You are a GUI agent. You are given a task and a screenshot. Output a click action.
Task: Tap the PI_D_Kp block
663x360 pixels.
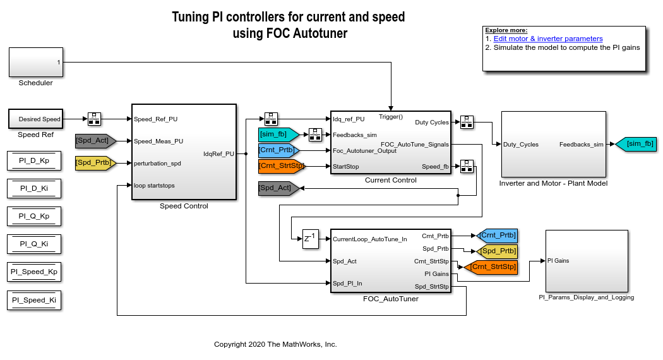(34, 160)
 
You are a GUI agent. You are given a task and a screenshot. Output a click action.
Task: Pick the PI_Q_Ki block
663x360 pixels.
(34, 244)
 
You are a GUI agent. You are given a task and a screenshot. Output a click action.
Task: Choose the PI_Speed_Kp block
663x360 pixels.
(34, 272)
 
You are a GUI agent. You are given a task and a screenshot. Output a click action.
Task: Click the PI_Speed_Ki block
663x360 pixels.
(34, 300)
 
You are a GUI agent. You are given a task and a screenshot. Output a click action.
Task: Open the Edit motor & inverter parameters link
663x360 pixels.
(548, 39)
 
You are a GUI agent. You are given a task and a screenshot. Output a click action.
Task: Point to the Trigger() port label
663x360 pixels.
(391, 116)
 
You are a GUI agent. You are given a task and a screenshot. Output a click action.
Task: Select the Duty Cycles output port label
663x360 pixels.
(433, 122)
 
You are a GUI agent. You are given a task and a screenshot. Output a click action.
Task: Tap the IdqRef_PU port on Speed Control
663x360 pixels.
(218, 153)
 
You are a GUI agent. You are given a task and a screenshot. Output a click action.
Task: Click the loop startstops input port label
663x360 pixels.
(154, 186)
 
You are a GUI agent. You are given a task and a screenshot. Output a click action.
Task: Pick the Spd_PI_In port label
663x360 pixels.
(347, 284)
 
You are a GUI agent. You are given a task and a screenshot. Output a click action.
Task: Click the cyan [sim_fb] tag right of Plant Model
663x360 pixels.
(638, 145)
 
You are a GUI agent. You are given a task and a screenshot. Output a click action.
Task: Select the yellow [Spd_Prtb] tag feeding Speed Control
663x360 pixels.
(95, 164)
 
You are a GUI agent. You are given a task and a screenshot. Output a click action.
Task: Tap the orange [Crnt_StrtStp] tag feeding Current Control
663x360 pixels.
(281, 166)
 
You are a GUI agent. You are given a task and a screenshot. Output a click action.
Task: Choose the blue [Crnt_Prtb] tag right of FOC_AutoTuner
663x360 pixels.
(498, 236)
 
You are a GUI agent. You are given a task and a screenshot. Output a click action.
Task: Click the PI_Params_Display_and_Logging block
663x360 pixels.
(587, 260)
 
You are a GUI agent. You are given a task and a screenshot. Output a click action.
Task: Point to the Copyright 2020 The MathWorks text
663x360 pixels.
(275, 344)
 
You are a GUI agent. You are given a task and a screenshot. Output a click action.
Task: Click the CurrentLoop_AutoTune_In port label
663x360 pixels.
(369, 239)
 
